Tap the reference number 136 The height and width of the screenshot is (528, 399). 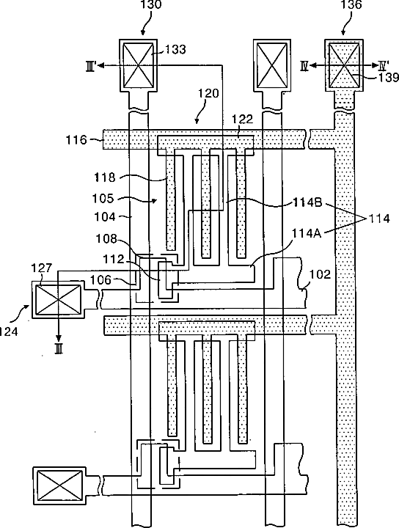coord(351,4)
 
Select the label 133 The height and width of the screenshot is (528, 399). coord(175,50)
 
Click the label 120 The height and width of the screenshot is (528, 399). coord(208,93)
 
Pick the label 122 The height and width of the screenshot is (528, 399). coord(242,119)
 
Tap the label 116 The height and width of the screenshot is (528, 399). coord(76,139)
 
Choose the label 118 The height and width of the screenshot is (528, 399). coord(105,177)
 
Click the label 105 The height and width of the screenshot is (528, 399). coord(103,198)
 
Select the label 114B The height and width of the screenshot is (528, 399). coord(307,202)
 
